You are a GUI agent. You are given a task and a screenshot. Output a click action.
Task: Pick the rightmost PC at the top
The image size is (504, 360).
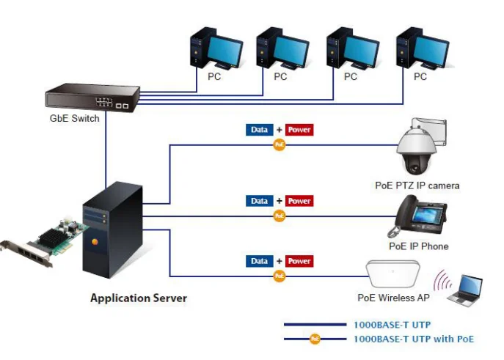(421, 48)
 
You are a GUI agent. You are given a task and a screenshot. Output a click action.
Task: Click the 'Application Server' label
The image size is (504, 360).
(139, 298)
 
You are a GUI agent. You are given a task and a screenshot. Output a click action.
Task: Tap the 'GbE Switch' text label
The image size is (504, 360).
(74, 119)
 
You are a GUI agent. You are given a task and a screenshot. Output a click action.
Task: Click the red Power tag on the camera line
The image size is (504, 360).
(299, 130)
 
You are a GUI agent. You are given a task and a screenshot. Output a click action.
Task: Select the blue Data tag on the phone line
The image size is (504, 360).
(260, 201)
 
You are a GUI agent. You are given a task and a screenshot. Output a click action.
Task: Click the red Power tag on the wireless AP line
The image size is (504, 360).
(299, 261)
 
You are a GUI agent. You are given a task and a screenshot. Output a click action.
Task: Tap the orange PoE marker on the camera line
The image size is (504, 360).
(279, 144)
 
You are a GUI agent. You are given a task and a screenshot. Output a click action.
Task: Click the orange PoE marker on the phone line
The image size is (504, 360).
(279, 216)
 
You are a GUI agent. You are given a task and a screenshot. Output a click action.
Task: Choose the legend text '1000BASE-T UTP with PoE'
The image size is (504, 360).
(413, 339)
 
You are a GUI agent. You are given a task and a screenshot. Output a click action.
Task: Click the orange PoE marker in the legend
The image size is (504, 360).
(315, 339)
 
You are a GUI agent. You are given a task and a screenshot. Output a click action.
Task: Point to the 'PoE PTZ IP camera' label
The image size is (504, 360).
(417, 185)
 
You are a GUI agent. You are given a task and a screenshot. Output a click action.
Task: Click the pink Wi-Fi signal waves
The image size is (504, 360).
(442, 282)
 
